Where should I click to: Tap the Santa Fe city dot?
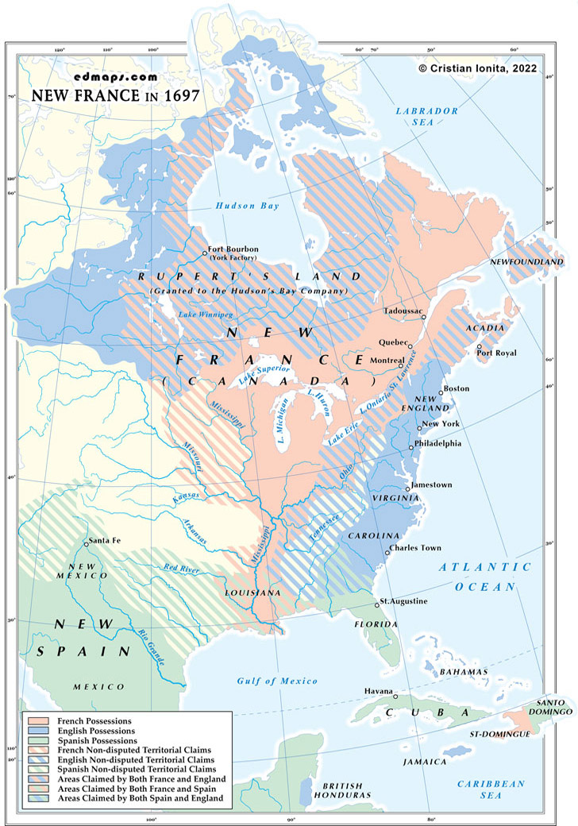(86, 544)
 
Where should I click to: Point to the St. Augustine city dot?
(377, 605)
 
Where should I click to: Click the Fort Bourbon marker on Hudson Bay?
(205, 253)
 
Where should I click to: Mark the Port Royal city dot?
(480, 348)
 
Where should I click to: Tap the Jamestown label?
(432, 484)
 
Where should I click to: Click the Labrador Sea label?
(427, 118)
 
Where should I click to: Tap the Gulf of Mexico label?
(277, 681)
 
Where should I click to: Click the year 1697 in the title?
(179, 95)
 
